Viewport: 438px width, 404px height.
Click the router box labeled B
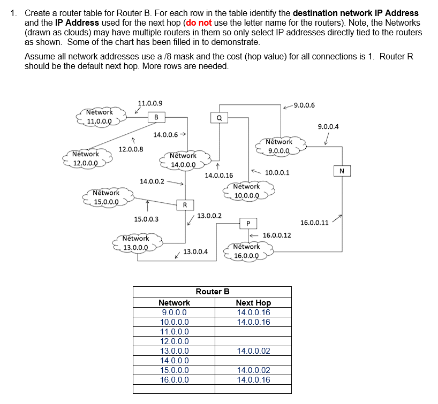[x=156, y=117]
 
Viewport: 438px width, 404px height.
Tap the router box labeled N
[x=342, y=171]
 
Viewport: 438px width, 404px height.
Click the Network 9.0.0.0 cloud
[x=279, y=146]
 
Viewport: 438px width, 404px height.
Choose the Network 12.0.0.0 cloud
[x=86, y=158]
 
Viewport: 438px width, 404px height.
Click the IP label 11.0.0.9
[x=150, y=103]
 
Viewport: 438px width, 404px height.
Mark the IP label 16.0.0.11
[x=314, y=223]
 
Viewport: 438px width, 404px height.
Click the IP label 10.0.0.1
[x=277, y=173]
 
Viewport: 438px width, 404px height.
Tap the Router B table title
[x=213, y=292]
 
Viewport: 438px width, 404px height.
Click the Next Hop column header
[x=253, y=303]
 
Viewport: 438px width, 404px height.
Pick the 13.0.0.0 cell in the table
[x=174, y=351]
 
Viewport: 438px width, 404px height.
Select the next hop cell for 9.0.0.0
[x=253, y=312]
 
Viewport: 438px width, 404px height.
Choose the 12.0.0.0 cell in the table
[x=174, y=341]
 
